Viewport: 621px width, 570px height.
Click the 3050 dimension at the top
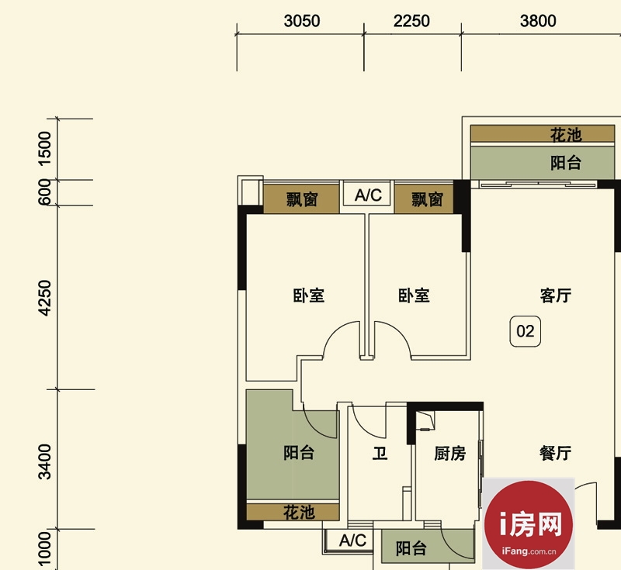click(302, 21)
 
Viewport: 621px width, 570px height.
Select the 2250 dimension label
click(411, 21)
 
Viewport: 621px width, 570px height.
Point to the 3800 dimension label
click(538, 21)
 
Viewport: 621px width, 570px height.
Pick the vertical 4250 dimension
click(45, 299)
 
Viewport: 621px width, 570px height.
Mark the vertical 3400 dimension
click(45, 461)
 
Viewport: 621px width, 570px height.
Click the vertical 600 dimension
click(45, 192)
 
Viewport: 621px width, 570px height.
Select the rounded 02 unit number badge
click(526, 331)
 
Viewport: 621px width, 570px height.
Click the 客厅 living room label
click(556, 295)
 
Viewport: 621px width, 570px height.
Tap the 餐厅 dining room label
click(555, 453)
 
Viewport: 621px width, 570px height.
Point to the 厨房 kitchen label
click(450, 454)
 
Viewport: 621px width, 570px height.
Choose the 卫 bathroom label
click(380, 453)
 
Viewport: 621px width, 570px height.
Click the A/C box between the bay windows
click(368, 195)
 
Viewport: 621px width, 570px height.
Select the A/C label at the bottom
click(352, 541)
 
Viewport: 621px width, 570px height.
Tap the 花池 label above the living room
click(566, 135)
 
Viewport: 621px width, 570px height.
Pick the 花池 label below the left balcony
click(299, 513)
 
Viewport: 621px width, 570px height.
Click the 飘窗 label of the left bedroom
click(302, 199)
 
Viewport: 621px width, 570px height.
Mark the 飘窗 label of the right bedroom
click(427, 199)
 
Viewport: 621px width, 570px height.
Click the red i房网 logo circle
click(529, 524)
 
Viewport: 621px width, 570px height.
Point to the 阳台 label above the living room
click(566, 163)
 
